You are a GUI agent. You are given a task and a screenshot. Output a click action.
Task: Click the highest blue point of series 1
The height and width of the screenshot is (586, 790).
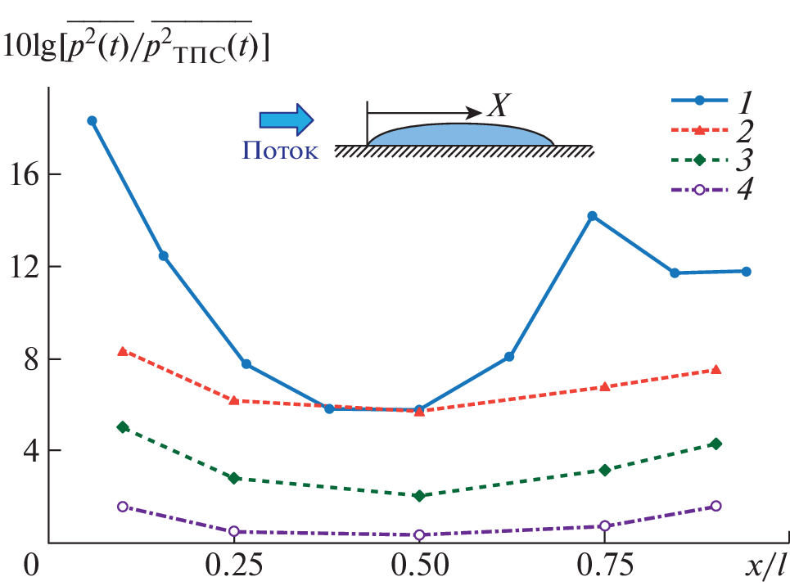(92, 120)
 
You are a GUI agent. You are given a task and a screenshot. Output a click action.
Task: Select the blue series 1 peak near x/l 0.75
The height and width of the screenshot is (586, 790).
(592, 216)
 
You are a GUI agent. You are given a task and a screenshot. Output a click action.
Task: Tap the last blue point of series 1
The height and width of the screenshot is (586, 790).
(746, 271)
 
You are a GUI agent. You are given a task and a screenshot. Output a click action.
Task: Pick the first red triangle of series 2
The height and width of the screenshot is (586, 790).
(122, 351)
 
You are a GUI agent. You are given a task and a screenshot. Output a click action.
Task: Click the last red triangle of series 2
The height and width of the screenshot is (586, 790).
(716, 370)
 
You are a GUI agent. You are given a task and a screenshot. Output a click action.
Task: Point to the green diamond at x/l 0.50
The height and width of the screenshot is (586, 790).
(419, 496)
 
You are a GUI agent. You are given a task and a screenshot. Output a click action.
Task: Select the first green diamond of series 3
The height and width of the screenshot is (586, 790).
(122, 427)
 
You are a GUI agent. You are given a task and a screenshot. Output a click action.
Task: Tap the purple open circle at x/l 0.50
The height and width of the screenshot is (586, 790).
(419, 535)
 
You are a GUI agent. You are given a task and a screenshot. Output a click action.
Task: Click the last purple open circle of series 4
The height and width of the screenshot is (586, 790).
(716, 506)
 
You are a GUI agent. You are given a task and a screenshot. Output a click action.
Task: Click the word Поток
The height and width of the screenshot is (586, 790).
(281, 151)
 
